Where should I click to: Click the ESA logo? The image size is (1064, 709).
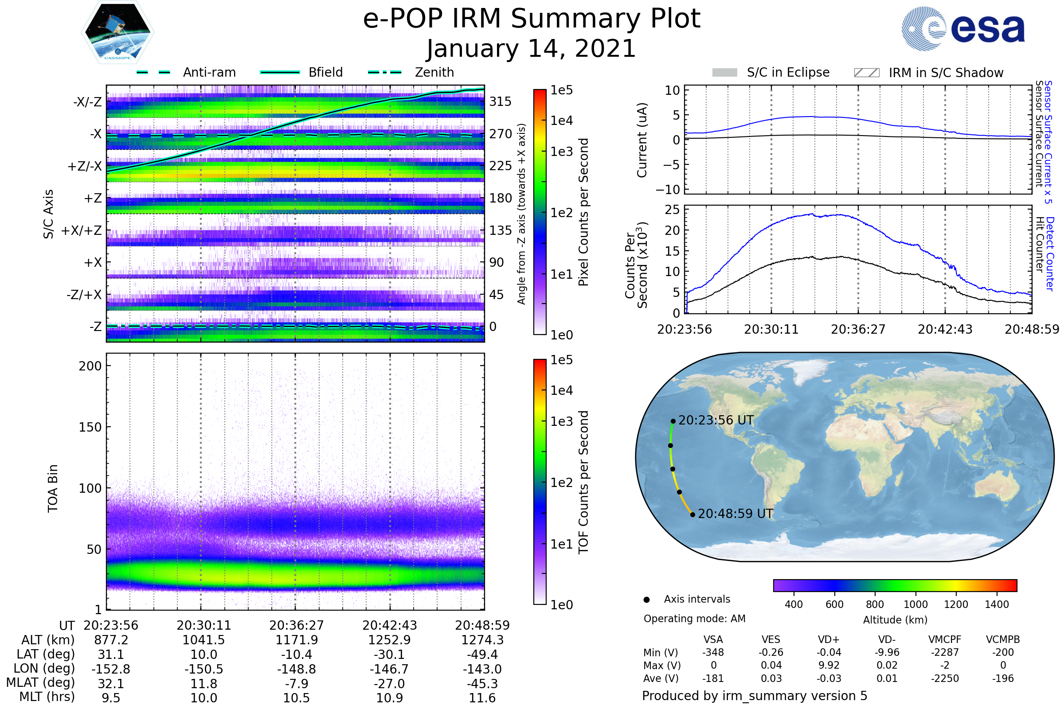(x=963, y=28)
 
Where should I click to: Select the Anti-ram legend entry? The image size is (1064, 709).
(x=186, y=72)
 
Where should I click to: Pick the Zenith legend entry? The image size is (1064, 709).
(x=411, y=72)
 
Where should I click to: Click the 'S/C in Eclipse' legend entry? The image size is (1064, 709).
(x=771, y=73)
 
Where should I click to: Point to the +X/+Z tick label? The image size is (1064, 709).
(x=82, y=230)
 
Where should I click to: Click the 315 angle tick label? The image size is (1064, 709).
(x=501, y=102)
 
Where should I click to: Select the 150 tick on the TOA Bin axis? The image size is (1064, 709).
(x=90, y=427)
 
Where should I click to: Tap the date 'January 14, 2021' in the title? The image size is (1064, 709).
(x=532, y=48)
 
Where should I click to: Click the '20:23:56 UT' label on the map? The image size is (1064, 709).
(x=716, y=421)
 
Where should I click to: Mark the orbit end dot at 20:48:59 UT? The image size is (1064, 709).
(x=692, y=514)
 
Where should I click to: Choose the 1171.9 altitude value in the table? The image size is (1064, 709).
(x=297, y=640)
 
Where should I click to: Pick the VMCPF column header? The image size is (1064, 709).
(x=945, y=640)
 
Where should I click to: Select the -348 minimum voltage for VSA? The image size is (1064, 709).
(x=713, y=652)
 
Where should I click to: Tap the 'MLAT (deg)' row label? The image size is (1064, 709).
(x=40, y=683)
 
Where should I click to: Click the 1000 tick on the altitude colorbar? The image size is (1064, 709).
(x=915, y=604)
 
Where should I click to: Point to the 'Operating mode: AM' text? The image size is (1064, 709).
(x=694, y=619)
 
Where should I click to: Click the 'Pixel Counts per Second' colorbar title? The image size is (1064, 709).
(x=583, y=212)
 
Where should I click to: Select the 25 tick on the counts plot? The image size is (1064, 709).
(x=672, y=209)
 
